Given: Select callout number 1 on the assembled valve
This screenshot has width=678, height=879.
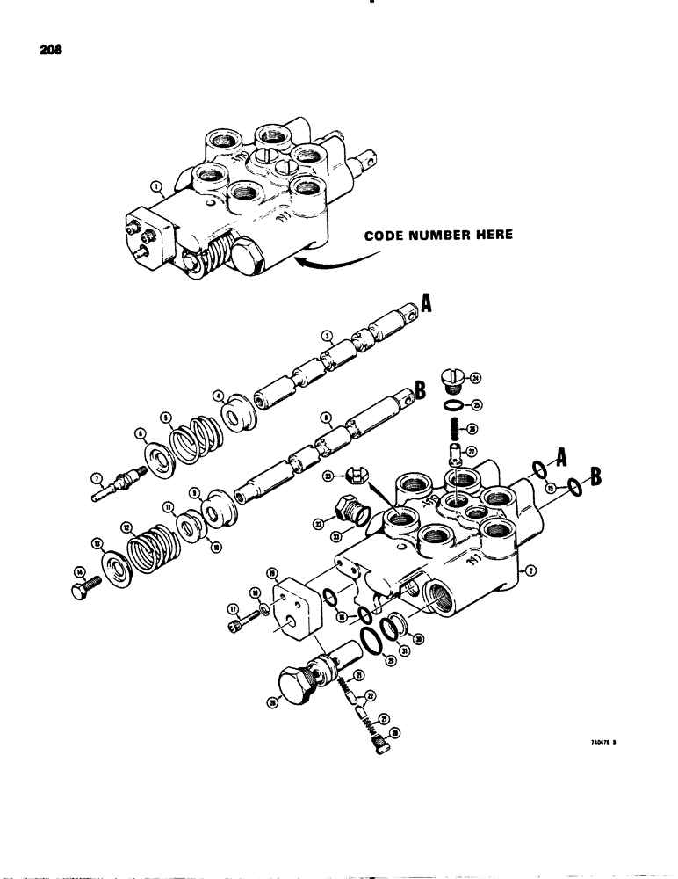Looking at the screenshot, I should coord(156,187).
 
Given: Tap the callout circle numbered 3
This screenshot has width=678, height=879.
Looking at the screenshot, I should coord(326,334).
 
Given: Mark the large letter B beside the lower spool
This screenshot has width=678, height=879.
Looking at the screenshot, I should coord(420,392).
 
